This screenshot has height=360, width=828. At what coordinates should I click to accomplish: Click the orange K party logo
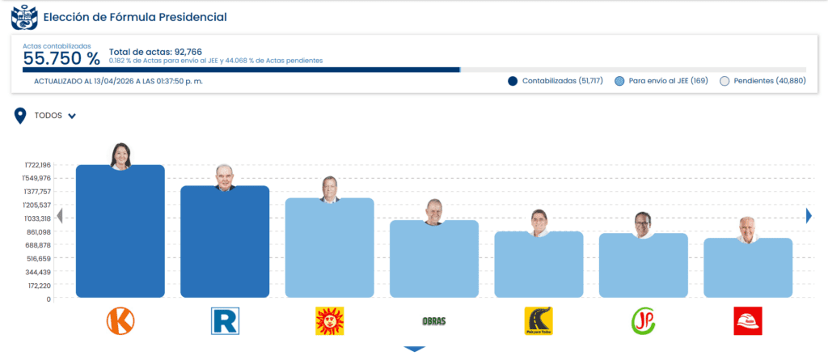tap(120, 321)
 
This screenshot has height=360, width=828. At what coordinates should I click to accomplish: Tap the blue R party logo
tap(225, 321)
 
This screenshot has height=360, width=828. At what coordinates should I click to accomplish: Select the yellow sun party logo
tap(329, 321)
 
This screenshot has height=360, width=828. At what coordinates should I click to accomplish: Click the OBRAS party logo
tap(434, 321)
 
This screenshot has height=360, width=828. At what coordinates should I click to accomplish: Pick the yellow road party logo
tap(539, 321)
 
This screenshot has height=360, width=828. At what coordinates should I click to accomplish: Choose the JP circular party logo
tap(644, 321)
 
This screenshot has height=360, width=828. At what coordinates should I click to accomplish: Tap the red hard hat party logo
tap(748, 321)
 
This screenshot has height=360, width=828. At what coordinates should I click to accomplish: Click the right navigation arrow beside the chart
tap(809, 215)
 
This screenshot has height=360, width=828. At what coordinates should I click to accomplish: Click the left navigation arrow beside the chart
tap(59, 215)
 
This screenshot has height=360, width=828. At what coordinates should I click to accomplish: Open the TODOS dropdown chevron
tap(72, 116)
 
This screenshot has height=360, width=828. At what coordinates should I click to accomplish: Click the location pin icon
tap(20, 116)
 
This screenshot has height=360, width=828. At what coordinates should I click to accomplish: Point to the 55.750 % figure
tap(61, 58)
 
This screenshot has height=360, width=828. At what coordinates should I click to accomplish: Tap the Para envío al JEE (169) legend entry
tap(661, 81)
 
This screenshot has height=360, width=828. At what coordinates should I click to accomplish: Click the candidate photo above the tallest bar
tap(120, 156)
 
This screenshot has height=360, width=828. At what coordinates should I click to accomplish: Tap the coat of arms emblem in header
tap(23, 16)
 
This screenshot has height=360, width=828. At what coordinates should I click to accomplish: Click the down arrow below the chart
tap(415, 349)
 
